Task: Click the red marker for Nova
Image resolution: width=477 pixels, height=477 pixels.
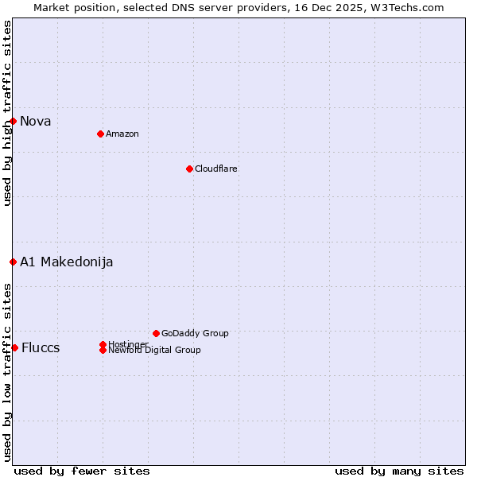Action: click(x=14, y=121)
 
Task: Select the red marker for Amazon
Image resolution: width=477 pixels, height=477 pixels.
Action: click(x=100, y=134)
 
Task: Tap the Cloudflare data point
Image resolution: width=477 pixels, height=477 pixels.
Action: click(x=189, y=169)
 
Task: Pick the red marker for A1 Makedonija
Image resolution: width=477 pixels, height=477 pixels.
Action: click(x=13, y=262)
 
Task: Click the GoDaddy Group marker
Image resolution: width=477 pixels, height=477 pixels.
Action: click(x=156, y=333)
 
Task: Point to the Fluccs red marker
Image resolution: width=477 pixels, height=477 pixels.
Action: click(x=14, y=347)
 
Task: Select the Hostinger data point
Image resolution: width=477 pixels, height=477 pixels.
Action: click(x=103, y=344)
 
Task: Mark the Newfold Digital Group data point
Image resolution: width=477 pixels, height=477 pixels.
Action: click(x=103, y=350)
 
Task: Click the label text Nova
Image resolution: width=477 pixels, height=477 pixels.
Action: click(x=36, y=121)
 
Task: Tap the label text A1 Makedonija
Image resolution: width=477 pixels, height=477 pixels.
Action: click(x=67, y=262)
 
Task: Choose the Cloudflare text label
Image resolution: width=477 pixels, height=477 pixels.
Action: click(x=216, y=169)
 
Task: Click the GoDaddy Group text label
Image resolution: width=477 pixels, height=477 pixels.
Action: click(x=195, y=333)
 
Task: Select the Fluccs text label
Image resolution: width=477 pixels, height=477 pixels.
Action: click(x=41, y=347)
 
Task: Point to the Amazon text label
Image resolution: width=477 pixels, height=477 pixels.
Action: click(x=122, y=134)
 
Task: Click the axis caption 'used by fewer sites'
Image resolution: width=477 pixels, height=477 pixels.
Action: click(x=82, y=471)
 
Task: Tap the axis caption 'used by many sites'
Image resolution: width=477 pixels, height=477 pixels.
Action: click(x=399, y=471)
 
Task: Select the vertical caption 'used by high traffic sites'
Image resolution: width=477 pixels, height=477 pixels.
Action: click(x=7, y=113)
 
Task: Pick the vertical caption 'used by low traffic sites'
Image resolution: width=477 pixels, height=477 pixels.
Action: click(x=7, y=372)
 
